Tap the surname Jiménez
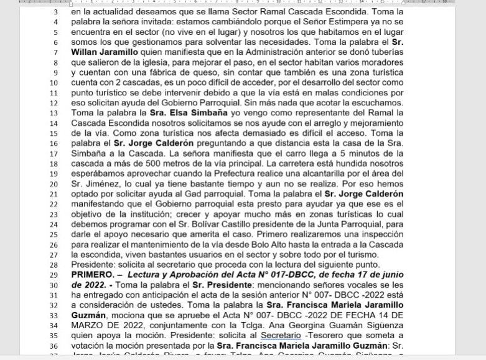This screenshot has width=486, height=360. [x=105, y=184]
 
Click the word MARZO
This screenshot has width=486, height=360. [x=89, y=315]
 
